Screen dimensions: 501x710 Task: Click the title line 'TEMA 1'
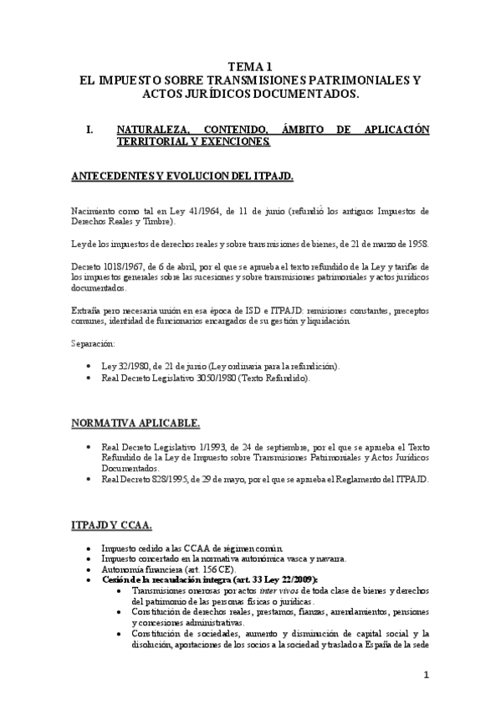[250, 66]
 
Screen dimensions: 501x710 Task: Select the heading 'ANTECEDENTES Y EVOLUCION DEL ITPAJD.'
[181, 177]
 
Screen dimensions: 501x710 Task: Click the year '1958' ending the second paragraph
[416, 244]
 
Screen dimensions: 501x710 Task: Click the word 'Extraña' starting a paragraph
[86, 311]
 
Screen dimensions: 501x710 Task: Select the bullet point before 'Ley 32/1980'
[101, 367]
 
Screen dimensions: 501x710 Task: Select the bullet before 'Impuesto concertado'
[101, 558]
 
